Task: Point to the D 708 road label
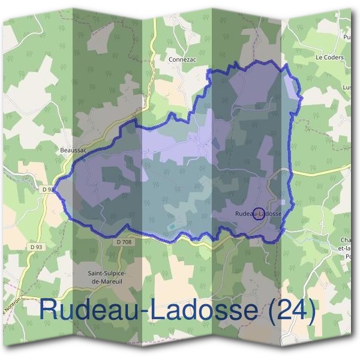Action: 123,241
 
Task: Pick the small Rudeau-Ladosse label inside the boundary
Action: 258,214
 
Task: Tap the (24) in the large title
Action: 287,311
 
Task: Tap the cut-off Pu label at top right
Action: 346,37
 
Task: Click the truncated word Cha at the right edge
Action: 344,241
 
